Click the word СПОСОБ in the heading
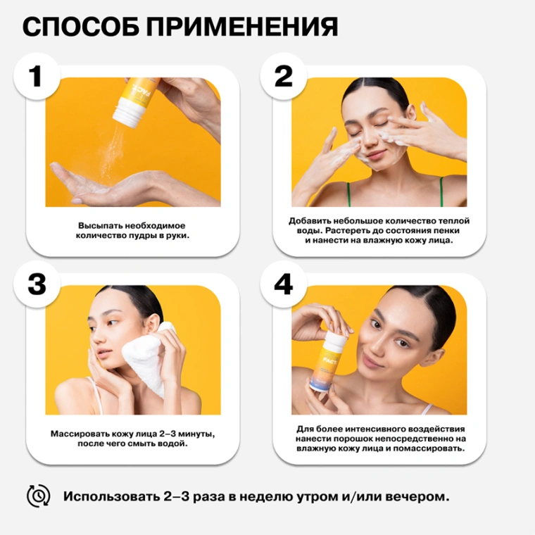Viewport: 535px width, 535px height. (81, 26)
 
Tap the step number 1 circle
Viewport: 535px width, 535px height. (37, 77)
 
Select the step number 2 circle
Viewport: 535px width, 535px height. (284, 77)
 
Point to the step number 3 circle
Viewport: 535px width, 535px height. (37, 284)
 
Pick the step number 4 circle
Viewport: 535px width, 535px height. (284, 284)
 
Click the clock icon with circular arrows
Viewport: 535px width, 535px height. (39, 496)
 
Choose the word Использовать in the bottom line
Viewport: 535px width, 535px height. (111, 496)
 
